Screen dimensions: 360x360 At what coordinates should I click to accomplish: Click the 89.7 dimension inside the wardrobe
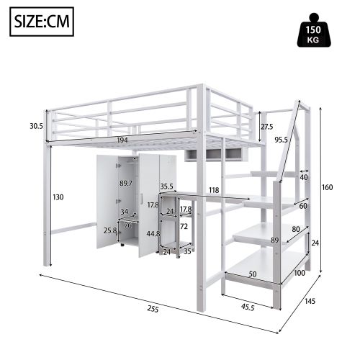pos(125,184)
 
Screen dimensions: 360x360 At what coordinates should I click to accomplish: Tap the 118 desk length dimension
pos(213,191)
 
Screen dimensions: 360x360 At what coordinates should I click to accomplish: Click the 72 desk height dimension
pos(184,226)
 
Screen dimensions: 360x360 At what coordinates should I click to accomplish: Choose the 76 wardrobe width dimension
pos(127,224)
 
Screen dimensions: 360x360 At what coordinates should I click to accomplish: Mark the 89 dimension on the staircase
pos(274,240)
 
